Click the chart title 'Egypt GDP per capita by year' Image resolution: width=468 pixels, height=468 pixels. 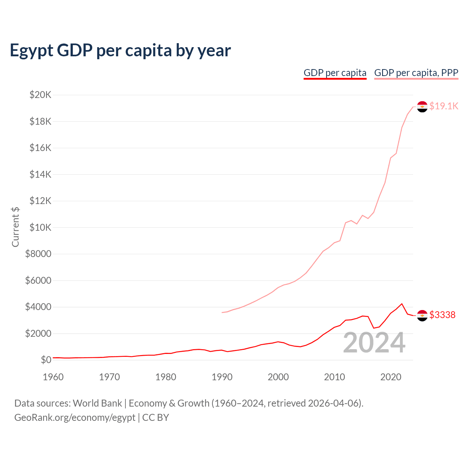tap(120, 50)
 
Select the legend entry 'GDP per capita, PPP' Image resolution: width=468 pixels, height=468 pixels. tap(416, 73)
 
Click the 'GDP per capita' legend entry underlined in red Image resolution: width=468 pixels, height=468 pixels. tap(335, 73)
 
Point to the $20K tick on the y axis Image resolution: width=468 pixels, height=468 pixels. tap(41, 95)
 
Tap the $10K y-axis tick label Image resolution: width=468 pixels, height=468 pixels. tap(41, 227)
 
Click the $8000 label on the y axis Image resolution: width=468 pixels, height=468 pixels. tap(38, 254)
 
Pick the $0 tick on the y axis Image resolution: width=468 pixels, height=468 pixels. tap(46, 360)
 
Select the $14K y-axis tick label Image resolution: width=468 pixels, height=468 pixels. tap(41, 174)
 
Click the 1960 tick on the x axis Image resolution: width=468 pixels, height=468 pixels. tap(53, 377)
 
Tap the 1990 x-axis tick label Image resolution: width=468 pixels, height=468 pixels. tap(222, 377)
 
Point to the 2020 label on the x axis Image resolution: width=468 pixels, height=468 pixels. tap(391, 377)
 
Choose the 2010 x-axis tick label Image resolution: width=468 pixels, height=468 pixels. tap(335, 377)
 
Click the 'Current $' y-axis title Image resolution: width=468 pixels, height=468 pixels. tap(15, 227)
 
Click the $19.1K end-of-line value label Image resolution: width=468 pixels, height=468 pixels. tap(444, 106)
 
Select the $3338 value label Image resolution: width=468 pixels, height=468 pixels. tap(442, 315)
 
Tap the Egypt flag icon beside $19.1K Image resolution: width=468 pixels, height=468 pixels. tap(422, 107)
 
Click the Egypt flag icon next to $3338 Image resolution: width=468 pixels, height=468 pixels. tap(422, 316)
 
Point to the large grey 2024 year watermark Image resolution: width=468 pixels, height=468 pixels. tap(374, 343)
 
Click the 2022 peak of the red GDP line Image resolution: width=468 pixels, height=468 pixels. tap(402, 303)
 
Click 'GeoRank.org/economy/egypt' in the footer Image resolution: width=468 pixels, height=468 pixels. tap(75, 418)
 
